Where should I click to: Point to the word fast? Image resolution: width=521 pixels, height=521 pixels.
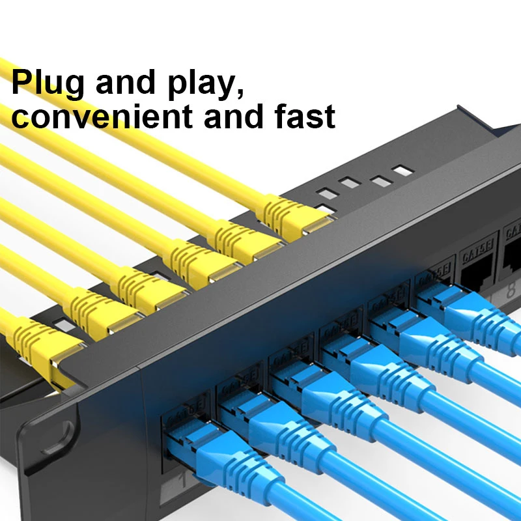click(302, 117)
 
